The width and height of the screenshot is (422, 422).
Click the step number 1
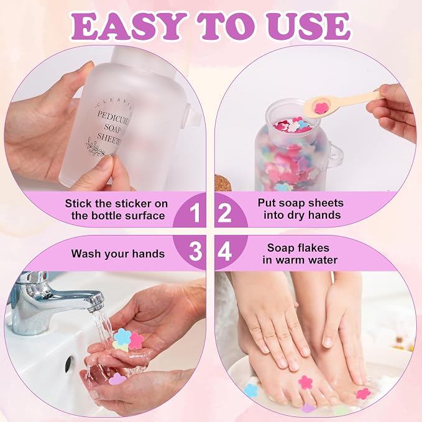tap(195, 213)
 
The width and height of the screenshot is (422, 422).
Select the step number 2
tap(224, 213)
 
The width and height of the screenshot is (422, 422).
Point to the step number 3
tap(195, 252)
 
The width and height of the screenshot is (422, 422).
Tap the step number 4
tap(224, 252)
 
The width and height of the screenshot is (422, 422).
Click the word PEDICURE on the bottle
tap(114, 118)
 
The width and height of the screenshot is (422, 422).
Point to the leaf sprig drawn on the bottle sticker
tap(95, 147)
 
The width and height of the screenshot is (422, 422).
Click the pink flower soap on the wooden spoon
tap(321, 108)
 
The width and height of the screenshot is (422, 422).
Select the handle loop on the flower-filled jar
tap(336, 157)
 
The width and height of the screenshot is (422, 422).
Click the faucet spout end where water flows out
tap(96, 302)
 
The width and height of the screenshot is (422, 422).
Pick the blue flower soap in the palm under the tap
tap(122, 336)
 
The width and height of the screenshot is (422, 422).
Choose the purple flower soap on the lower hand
tap(117, 380)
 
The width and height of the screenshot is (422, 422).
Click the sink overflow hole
tap(69, 364)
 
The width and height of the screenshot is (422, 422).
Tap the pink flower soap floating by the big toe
tap(305, 382)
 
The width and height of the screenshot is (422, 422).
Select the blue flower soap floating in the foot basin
tap(250, 390)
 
